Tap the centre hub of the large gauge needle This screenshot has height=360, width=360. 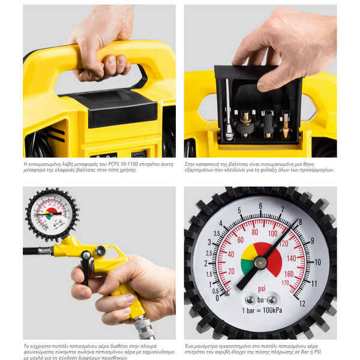[x=260, y=262]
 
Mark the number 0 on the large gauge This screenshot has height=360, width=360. [x=217, y=297]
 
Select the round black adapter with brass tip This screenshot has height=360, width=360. [x=245, y=123]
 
